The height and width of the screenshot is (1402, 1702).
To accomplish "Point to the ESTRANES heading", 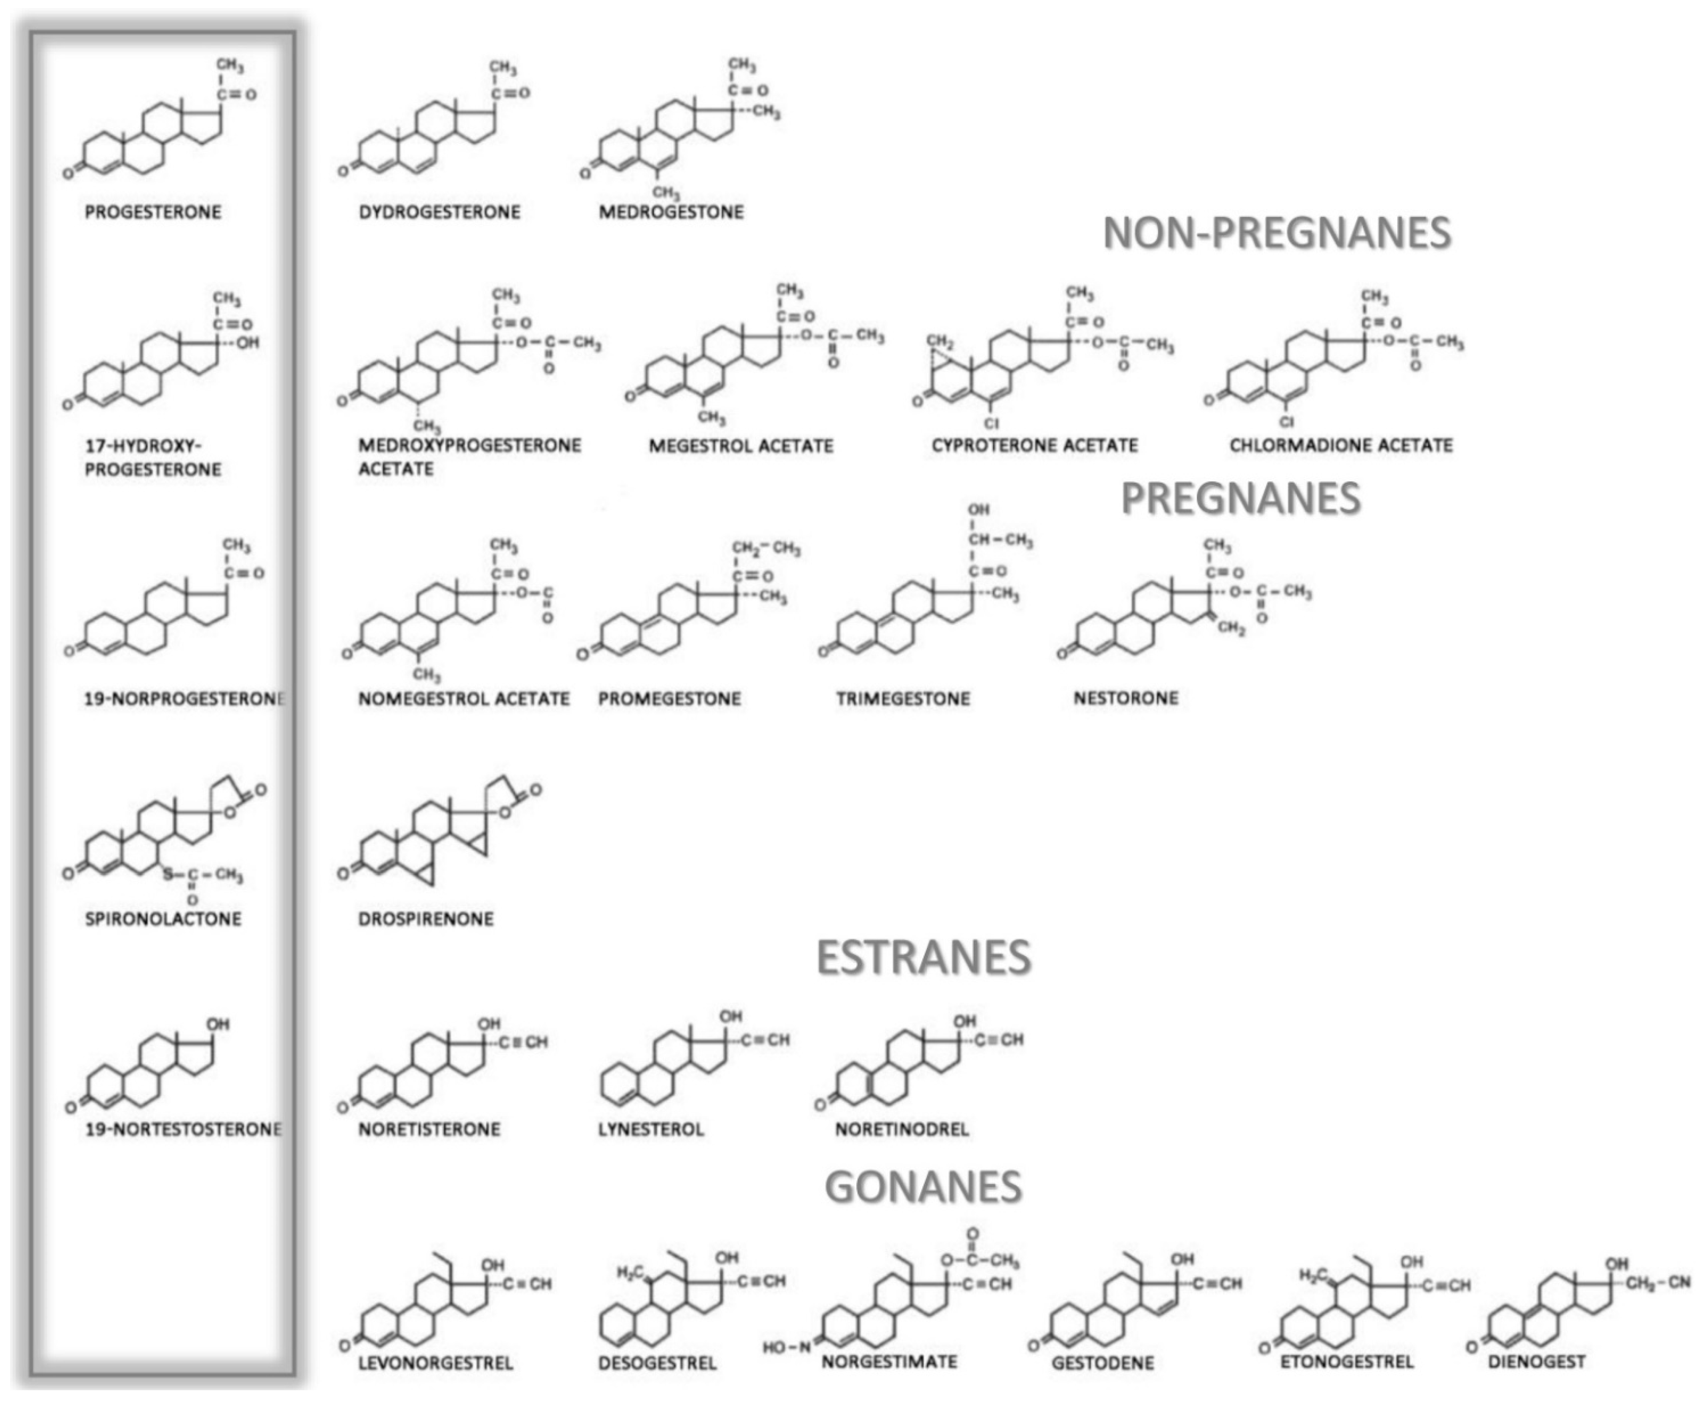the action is pyautogui.click(x=924, y=958).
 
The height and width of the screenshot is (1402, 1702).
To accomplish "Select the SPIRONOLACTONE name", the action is pyautogui.click(x=163, y=919).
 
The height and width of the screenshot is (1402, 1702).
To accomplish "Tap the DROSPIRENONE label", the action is pyautogui.click(x=426, y=919).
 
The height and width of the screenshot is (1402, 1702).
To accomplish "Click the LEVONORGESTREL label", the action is pyautogui.click(x=435, y=1363).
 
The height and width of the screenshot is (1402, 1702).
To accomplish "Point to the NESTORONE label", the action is pyautogui.click(x=1126, y=698).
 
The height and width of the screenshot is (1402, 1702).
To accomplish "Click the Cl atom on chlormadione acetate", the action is pyautogui.click(x=1287, y=422).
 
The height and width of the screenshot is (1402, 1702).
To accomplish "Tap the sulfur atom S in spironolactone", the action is pyautogui.click(x=168, y=874).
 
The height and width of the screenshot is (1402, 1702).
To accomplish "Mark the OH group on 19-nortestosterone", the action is pyautogui.click(x=218, y=1024).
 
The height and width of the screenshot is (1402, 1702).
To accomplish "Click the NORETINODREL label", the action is pyautogui.click(x=901, y=1129).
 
